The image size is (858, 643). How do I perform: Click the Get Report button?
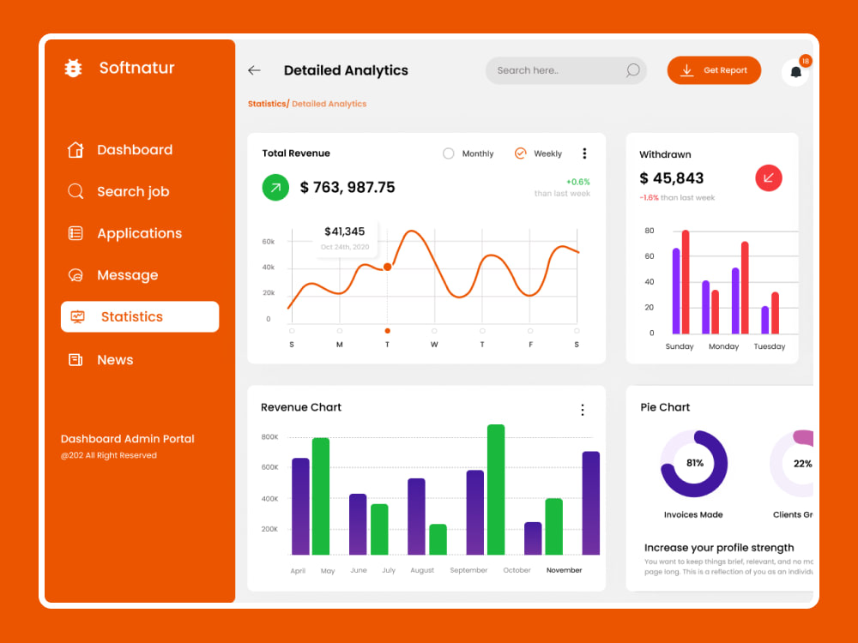point(714,70)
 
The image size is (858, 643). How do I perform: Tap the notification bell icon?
point(795,73)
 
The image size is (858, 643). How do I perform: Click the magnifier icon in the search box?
point(632,70)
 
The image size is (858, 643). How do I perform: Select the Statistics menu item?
point(140,316)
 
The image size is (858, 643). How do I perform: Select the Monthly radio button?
point(448,153)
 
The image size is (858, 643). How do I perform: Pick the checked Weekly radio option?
point(520,153)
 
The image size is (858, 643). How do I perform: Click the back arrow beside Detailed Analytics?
point(254,70)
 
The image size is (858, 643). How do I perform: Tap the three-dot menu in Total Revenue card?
point(584,153)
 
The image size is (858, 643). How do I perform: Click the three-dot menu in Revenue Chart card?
point(583,410)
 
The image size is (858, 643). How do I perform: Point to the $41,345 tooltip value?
point(344,231)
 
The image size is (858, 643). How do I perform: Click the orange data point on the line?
point(387,267)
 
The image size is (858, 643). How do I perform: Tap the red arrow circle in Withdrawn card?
point(768,177)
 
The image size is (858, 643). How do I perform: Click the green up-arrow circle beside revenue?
point(275,187)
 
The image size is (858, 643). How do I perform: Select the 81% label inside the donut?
point(694,463)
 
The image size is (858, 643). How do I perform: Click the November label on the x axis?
point(564,570)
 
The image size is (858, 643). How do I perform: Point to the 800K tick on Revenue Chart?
point(269,437)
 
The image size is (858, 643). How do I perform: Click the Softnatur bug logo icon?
point(74,69)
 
